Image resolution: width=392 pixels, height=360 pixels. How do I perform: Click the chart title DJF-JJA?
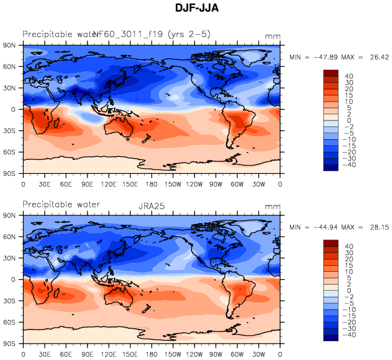point(196,8)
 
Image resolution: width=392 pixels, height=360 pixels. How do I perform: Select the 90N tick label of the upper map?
point(10,46)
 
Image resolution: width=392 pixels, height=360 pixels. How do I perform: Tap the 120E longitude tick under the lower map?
point(109,353)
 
